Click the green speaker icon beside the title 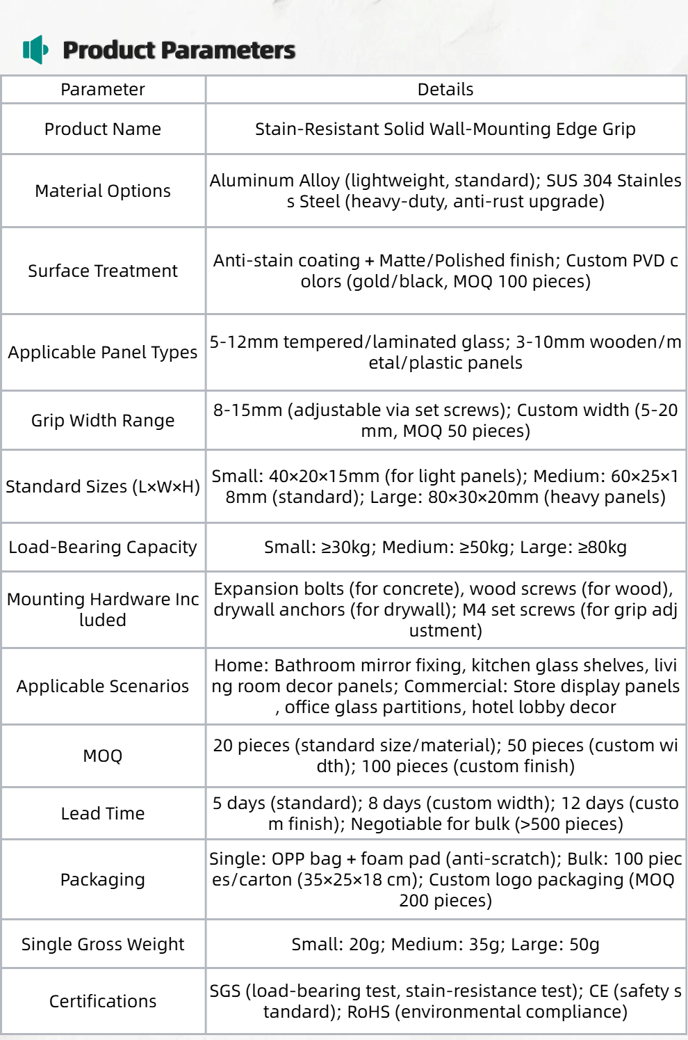(35, 49)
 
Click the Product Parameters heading (179, 50)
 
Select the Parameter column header (103, 90)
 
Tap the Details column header (445, 90)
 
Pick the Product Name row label (103, 129)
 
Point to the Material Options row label (103, 191)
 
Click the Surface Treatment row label (103, 271)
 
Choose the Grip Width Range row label (103, 421)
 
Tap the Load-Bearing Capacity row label (103, 547)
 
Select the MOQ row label (103, 756)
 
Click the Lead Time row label (103, 814)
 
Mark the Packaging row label (103, 880)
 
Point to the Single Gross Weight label (103, 945)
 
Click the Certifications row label (103, 1002)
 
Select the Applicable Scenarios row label (103, 687)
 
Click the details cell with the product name (445, 129)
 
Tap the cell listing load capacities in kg (445, 547)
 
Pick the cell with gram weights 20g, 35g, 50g (445, 945)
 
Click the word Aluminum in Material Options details (240, 181)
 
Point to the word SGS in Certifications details (225, 991)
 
